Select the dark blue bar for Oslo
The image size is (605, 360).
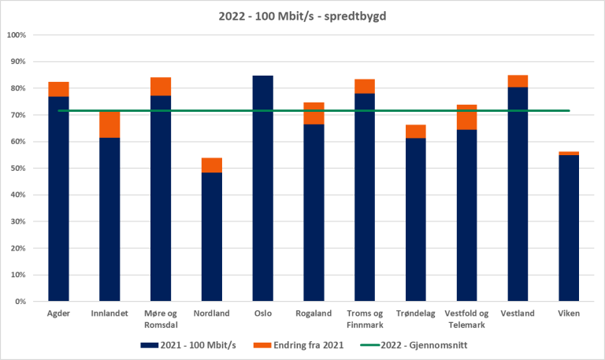tap(262, 189)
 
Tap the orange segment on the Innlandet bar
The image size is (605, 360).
tap(109, 124)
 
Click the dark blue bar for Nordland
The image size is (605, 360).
tap(212, 236)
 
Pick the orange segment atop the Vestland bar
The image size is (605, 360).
tap(518, 81)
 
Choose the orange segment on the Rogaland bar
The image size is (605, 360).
tap(314, 113)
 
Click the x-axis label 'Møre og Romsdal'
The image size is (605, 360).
tap(161, 318)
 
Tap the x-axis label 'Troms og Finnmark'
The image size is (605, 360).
tap(365, 318)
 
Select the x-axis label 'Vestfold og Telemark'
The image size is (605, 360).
tap(466, 318)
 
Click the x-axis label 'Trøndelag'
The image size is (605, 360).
tap(416, 314)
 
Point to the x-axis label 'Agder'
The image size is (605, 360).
tap(59, 314)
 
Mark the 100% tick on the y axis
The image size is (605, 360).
tap(17, 35)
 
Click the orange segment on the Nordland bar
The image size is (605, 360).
tap(212, 165)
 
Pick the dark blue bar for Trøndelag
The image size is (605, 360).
tap(416, 221)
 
